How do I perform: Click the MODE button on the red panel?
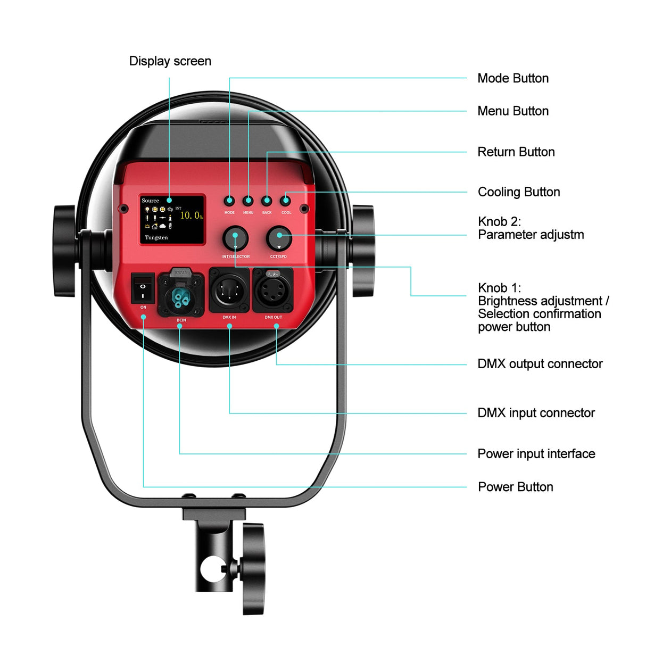229,201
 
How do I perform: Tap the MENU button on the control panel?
248,201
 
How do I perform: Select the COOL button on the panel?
286,201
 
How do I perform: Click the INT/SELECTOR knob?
235,238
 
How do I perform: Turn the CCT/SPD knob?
279,238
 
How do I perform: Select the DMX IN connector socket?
229,291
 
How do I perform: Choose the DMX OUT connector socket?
273,291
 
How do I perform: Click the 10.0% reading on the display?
191,216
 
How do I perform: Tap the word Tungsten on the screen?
156,238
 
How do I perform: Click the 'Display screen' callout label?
170,61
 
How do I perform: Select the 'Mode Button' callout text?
513,78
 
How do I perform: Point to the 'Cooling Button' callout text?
519,192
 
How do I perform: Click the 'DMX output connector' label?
540,364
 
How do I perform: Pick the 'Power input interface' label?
536,454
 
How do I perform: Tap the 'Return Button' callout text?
516,152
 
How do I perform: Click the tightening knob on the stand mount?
254,568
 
